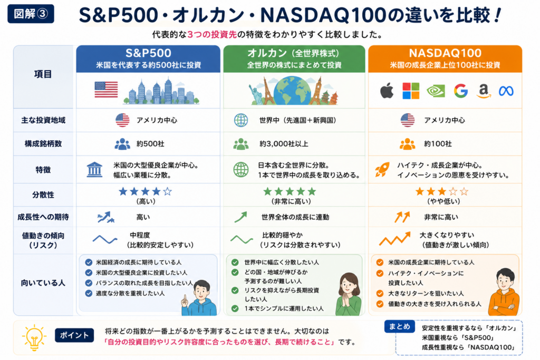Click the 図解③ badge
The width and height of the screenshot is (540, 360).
click(31, 14)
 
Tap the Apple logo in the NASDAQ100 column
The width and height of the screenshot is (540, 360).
click(387, 91)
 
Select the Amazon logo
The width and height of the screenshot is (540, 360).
click(484, 91)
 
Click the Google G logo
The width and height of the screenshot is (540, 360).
click(460, 91)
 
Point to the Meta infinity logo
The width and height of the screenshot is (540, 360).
click(506, 91)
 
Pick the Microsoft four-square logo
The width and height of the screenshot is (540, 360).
click(411, 91)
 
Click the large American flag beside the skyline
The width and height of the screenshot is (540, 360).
click(106, 90)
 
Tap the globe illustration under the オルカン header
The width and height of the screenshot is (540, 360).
click(292, 90)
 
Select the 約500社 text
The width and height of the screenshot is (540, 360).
click(150, 144)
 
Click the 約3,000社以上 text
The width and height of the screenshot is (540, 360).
click(284, 144)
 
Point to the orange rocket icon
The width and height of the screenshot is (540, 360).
click(382, 169)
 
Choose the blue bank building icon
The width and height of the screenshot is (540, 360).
click(94, 170)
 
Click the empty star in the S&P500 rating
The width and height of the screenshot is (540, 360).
click(167, 191)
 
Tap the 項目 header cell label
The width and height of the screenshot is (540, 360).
click(43, 74)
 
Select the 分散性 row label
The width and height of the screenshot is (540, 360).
click(43, 195)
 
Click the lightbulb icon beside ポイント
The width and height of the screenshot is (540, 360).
click(34, 337)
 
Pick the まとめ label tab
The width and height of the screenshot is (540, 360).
click(400, 326)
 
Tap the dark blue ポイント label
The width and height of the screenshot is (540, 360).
click(74, 335)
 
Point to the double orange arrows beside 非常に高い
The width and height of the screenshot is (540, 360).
click(402, 217)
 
